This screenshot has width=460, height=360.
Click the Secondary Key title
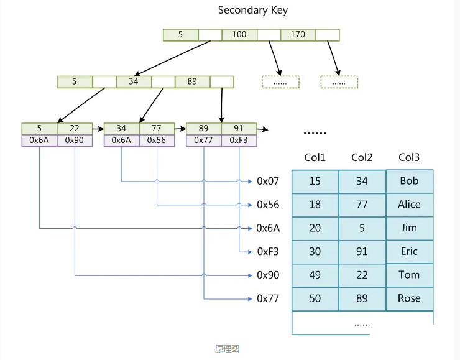253,11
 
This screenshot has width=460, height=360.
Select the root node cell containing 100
239,35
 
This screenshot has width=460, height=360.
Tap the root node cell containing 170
298,35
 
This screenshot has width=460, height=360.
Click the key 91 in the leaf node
239,129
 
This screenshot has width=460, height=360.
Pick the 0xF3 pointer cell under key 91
239,141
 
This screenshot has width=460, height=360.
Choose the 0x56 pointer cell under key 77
157,141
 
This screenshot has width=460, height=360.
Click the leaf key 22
75,129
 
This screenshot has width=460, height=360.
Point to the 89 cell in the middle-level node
193,82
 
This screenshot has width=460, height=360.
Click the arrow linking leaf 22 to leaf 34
98,129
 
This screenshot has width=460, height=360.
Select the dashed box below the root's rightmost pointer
339,82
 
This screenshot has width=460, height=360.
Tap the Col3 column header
409,157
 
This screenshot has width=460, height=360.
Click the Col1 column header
315,157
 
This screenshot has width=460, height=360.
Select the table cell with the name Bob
410,182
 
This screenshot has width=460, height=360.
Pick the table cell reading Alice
410,205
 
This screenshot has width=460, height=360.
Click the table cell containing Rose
410,298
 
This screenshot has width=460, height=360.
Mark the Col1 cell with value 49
315,275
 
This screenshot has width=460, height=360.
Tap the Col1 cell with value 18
315,205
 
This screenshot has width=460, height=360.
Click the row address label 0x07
268,182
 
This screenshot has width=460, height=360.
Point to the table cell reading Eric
410,252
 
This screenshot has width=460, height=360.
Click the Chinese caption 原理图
227,349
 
